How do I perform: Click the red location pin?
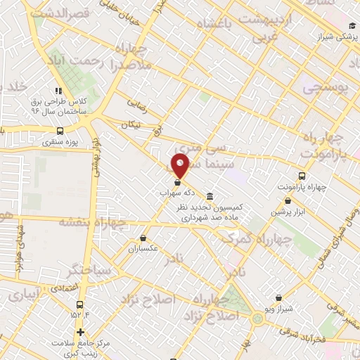pyautogui.click(x=180, y=166)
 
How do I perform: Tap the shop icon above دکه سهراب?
pyautogui.click(x=176, y=183)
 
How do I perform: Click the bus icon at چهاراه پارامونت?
pyautogui.click(x=302, y=176)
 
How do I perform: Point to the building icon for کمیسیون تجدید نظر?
pyautogui.click(x=210, y=196)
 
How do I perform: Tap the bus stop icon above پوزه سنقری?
pyautogui.click(x=59, y=130)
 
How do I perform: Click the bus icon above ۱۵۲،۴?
pyautogui.click(x=79, y=305)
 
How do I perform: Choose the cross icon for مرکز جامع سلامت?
pyautogui.click(x=81, y=333)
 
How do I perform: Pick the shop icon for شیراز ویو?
pyautogui.click(x=279, y=298)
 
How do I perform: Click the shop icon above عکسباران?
pyautogui.click(x=143, y=238)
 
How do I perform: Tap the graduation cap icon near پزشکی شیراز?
pyautogui.click(x=351, y=26)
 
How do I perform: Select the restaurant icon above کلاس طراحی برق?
pyautogui.click(x=58, y=91)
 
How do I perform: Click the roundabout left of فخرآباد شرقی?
pyautogui.click(x=259, y=321)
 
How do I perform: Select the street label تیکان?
pyautogui.click(x=131, y=124)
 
